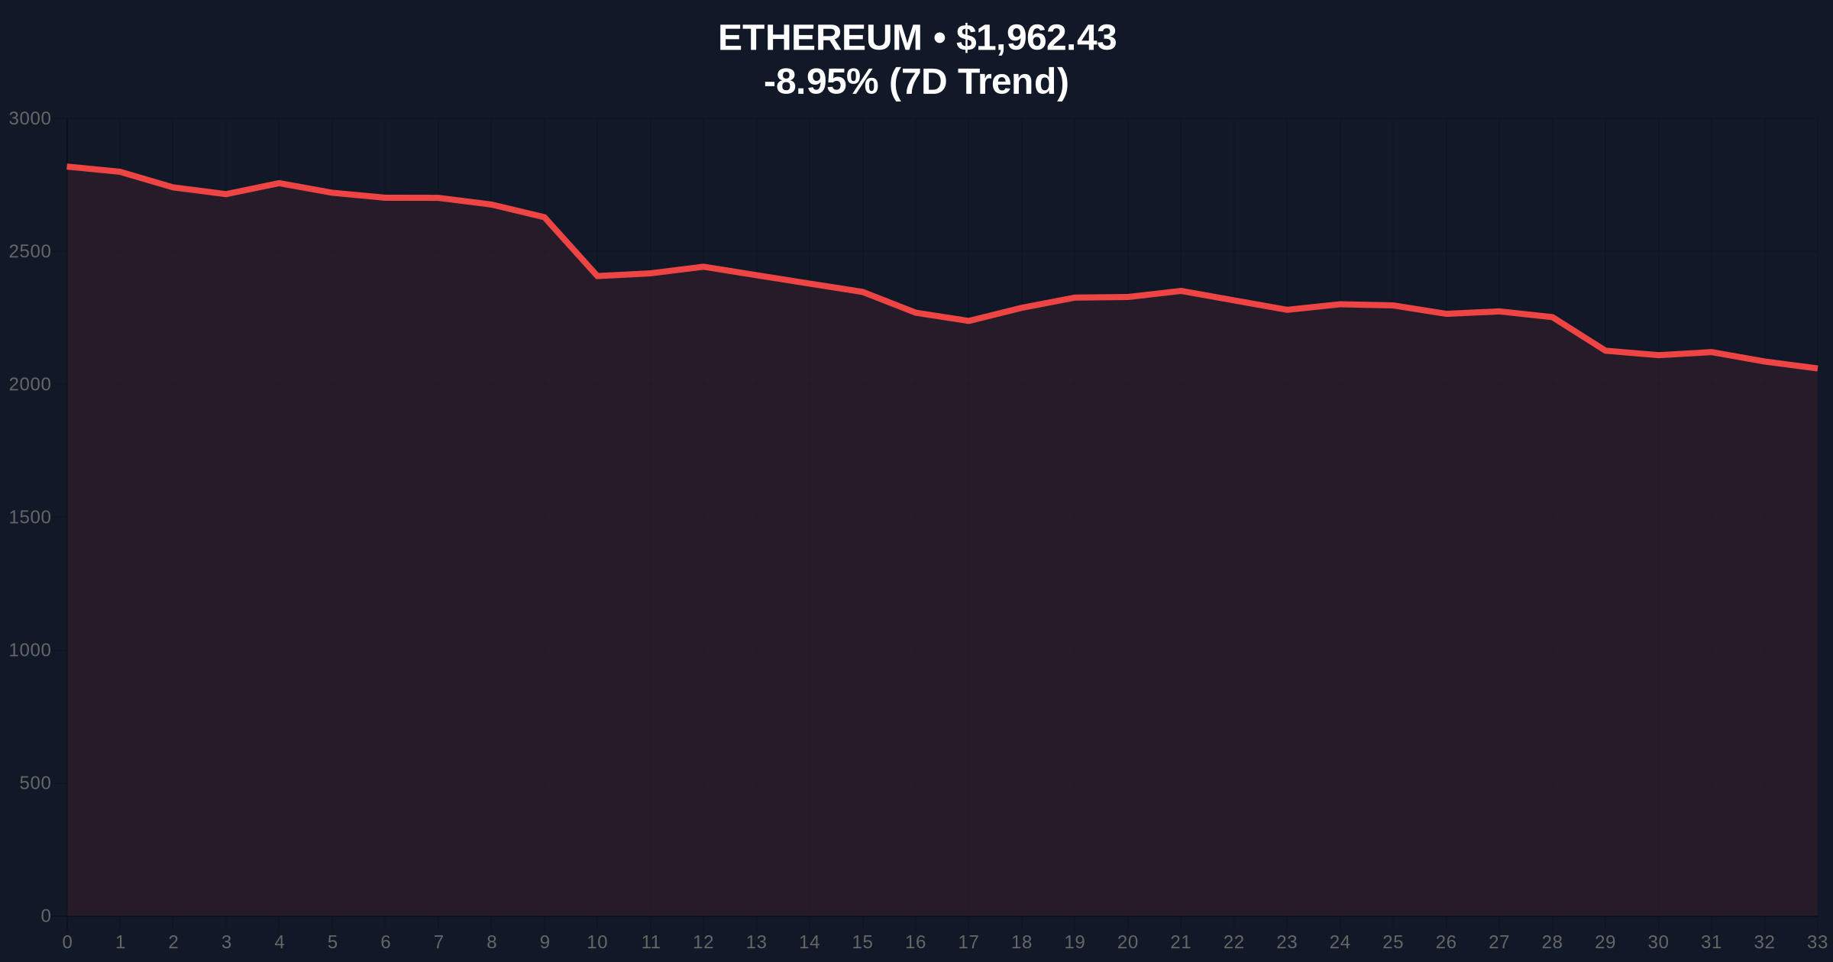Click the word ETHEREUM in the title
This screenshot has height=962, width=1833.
point(820,38)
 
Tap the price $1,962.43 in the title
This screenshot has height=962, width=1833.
point(1036,38)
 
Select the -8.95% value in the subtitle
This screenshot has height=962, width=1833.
point(820,82)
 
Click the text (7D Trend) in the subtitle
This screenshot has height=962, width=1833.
point(978,82)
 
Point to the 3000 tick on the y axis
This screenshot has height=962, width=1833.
point(30,118)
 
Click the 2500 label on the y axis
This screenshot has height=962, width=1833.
point(30,251)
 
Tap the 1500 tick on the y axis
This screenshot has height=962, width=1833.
point(30,517)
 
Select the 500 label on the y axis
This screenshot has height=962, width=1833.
point(35,783)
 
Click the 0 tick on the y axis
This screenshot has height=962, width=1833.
point(46,915)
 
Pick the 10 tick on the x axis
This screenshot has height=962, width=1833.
point(597,942)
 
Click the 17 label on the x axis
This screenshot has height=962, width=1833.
point(968,942)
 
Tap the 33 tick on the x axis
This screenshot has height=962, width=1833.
point(1817,942)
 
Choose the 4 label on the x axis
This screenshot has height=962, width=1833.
point(280,942)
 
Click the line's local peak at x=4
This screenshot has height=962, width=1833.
point(280,183)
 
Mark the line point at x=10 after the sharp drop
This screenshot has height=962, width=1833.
point(597,276)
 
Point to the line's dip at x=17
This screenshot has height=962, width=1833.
point(968,321)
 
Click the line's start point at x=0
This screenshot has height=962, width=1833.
point(68,166)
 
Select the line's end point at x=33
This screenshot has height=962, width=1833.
point(1816,368)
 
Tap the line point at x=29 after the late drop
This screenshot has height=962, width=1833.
point(1605,350)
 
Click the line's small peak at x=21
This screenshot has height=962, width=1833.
point(1181,291)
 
